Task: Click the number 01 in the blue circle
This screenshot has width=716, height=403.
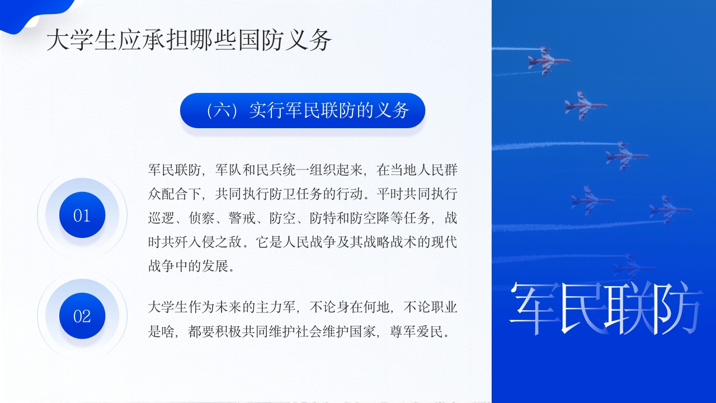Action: pyautogui.click(x=82, y=215)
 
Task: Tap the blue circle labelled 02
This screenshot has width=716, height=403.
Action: pyautogui.click(x=82, y=316)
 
